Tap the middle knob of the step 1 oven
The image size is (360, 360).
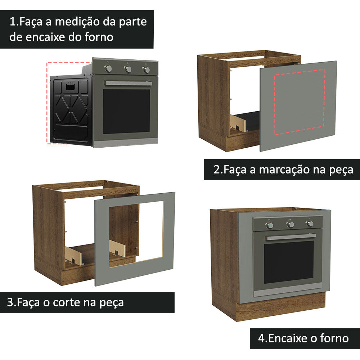click(127, 69)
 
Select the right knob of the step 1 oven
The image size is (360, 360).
click(146, 70)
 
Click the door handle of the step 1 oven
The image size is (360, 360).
click(128, 83)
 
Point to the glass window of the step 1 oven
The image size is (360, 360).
click(126, 111)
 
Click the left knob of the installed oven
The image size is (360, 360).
click(270, 225)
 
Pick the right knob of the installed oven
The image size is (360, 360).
click(309, 224)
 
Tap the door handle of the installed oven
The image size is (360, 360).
click(291, 237)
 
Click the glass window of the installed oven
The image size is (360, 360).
click(289, 262)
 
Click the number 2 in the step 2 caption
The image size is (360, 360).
click(217, 170)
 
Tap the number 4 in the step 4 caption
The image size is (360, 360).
click(261, 338)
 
